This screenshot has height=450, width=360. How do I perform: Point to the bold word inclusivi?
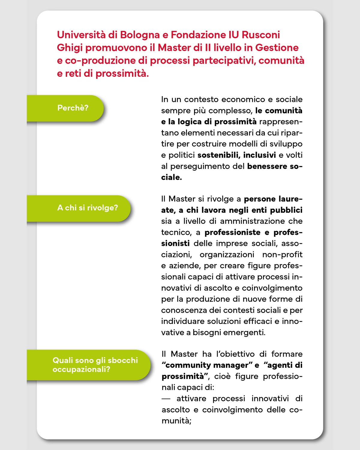click(259, 155)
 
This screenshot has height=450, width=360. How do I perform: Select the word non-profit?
click(282, 255)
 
